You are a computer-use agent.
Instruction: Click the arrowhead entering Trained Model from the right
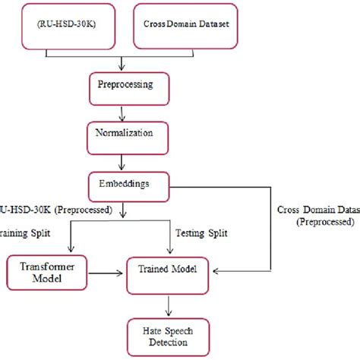click(217, 270)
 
